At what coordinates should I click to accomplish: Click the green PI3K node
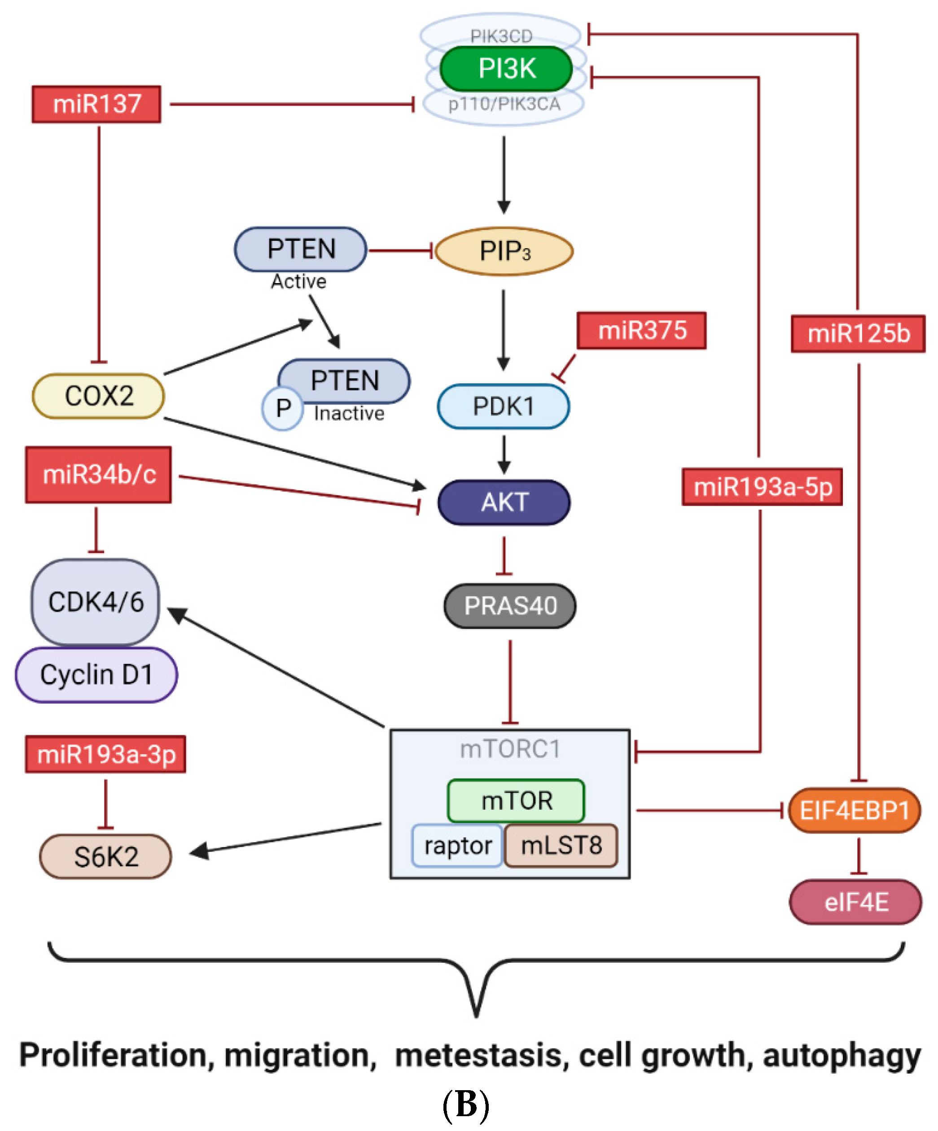[506, 68]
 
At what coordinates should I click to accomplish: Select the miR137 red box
[96, 104]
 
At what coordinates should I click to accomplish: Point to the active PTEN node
[301, 249]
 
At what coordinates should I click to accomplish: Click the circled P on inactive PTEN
[283, 408]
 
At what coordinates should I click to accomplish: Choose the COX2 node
[99, 396]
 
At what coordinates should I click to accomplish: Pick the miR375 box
[642, 330]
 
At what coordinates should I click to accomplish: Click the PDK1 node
[504, 406]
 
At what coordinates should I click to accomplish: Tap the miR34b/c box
[99, 475]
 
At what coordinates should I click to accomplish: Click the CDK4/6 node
[95, 602]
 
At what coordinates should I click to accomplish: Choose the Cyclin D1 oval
[96, 674]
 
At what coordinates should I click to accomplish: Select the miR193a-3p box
[105, 754]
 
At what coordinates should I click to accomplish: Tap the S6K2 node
[105, 856]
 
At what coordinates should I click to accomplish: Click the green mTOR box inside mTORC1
[516, 800]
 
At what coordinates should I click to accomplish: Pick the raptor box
[457, 845]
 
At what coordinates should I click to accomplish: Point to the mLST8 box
[561, 845]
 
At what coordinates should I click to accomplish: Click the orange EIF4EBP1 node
[855, 810]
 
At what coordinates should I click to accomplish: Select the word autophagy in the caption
[842, 1056]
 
